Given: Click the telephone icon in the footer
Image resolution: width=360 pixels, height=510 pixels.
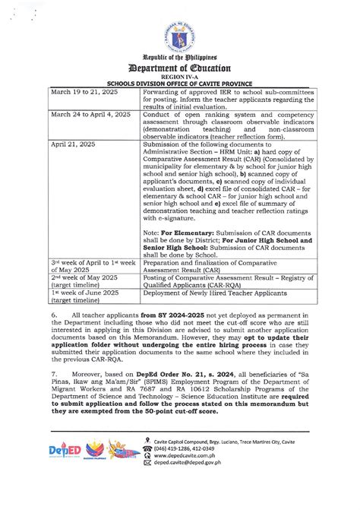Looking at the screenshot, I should (x=147, y=470).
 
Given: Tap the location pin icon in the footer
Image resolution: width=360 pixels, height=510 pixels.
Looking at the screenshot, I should (x=147, y=459).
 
